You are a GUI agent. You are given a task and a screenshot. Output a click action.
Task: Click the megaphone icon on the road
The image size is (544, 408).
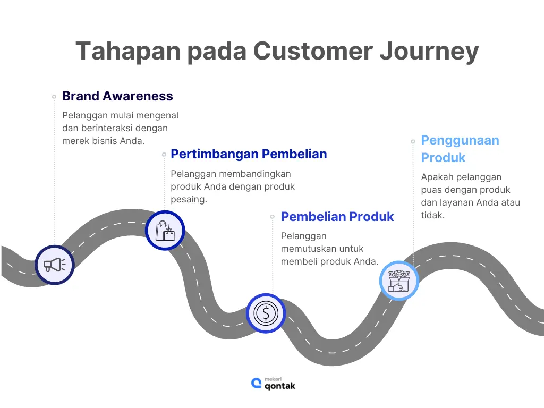pyautogui.click(x=55, y=265)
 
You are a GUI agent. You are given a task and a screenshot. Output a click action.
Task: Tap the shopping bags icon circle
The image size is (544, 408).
pyautogui.click(x=165, y=231)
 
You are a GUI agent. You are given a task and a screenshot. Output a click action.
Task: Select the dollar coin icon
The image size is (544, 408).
pyautogui.click(x=266, y=313)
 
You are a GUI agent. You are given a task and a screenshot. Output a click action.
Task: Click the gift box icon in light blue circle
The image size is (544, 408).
pyautogui.click(x=399, y=280)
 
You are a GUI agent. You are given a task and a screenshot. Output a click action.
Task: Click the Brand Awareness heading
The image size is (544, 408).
pyautogui.click(x=117, y=96)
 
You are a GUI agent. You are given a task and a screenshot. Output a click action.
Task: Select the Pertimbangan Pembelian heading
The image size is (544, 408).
pyautogui.click(x=249, y=154)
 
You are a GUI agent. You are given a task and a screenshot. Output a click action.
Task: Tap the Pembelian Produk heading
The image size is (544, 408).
pyautogui.click(x=337, y=217)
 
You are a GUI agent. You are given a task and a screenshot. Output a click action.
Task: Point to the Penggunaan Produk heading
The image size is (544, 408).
pyautogui.click(x=460, y=149)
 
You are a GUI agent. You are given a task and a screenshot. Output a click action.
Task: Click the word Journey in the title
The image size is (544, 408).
pyautogui.click(x=429, y=52)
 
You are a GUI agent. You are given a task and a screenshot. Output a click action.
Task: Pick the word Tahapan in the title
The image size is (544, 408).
pyautogui.click(x=128, y=52)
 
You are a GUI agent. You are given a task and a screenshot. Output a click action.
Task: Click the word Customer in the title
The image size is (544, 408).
pyautogui.click(x=313, y=51)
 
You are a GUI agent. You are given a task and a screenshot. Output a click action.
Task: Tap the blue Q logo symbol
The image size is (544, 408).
pyautogui.click(x=257, y=384)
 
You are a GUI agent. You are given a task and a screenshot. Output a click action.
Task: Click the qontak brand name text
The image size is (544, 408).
pyautogui.click(x=280, y=386)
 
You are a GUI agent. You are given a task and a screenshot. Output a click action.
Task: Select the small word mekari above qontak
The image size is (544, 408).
pyautogui.click(x=273, y=379)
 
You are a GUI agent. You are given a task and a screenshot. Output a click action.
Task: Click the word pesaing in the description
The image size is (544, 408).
pyautogui.click(x=189, y=200)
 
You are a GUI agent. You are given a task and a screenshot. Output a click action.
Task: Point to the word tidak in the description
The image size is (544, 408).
pyautogui.click(x=432, y=215)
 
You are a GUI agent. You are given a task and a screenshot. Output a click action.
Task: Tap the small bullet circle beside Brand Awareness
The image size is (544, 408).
pyautogui.click(x=54, y=97)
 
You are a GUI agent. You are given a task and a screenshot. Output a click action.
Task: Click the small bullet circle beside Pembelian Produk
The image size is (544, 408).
pyautogui.click(x=273, y=217)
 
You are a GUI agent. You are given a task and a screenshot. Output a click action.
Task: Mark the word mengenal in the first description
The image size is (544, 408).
pyautogui.click(x=157, y=115)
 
